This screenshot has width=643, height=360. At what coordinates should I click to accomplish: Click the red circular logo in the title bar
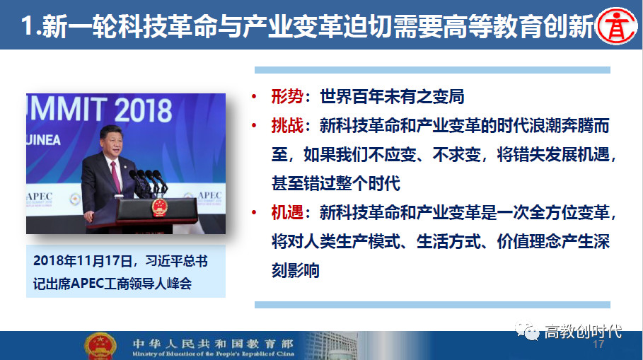(x=616, y=25)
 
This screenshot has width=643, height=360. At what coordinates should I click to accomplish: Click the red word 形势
(x=287, y=97)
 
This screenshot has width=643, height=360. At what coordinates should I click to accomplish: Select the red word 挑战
(x=287, y=125)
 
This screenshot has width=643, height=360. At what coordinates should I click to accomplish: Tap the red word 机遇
(x=287, y=212)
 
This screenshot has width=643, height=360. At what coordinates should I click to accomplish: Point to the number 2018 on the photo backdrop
(x=143, y=110)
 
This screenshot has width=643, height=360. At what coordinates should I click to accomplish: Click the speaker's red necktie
(x=115, y=176)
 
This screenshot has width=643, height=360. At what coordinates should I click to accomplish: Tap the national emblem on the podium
(x=160, y=207)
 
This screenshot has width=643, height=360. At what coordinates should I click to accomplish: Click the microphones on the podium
(x=149, y=181)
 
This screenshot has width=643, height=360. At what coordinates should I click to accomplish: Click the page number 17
(x=598, y=344)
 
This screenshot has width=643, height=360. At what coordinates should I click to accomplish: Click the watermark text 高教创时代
(x=583, y=331)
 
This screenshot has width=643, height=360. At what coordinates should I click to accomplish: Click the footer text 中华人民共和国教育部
(x=213, y=343)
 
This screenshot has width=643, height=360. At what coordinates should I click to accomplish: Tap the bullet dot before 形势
(x=254, y=97)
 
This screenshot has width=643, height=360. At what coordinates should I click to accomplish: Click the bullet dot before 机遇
(x=254, y=212)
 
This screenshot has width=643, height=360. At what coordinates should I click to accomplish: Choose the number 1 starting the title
(x=27, y=26)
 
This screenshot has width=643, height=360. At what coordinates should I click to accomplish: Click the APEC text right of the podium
(x=209, y=195)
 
